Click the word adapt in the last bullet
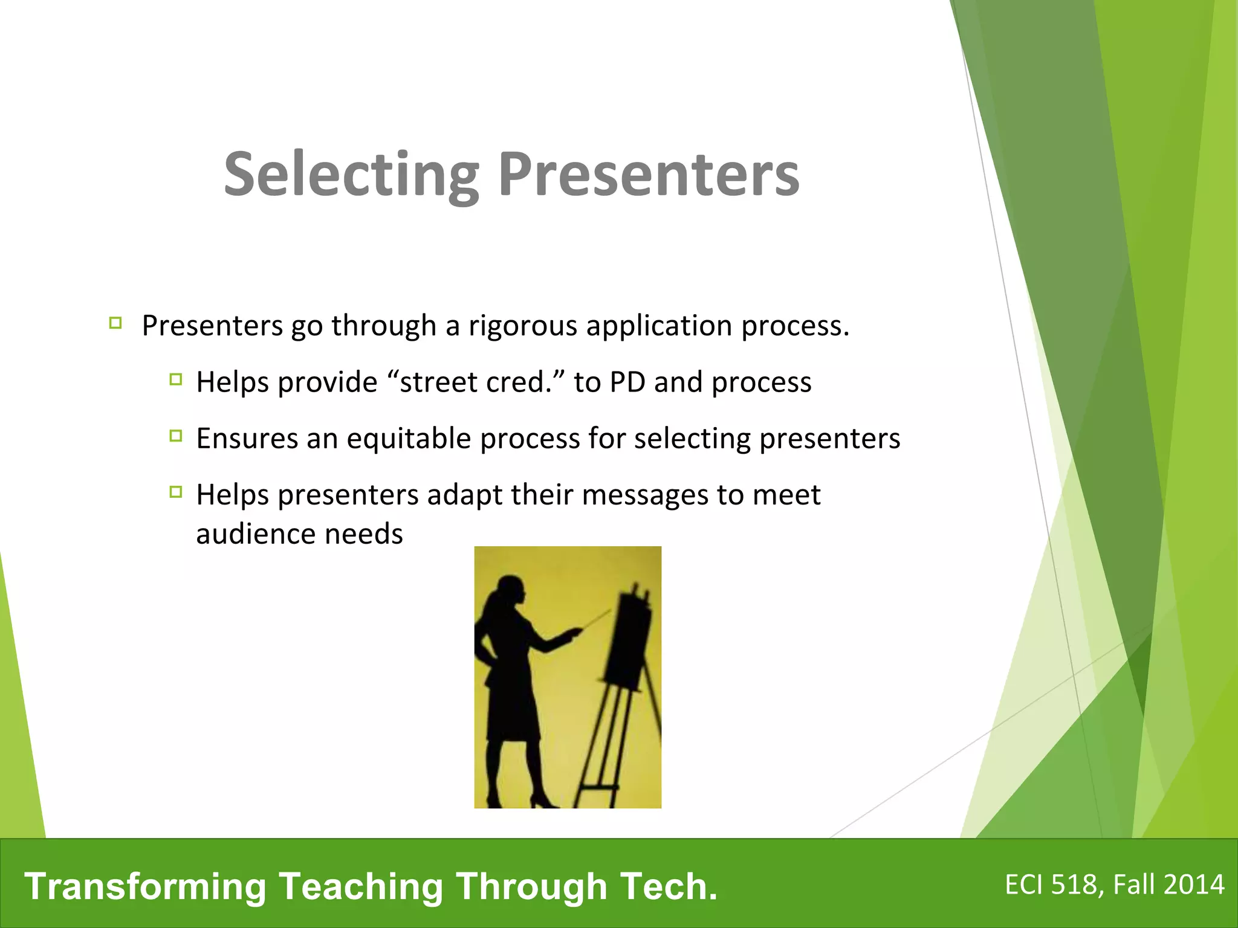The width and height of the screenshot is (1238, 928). pyautogui.click(x=464, y=495)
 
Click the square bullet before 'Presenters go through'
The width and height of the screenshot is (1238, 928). pyautogui.click(x=115, y=323)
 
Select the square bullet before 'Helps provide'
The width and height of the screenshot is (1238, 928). pyautogui.click(x=176, y=379)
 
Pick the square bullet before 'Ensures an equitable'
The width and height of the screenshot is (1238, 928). pyautogui.click(x=176, y=436)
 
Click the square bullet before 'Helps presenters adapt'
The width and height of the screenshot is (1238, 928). pyautogui.click(x=176, y=492)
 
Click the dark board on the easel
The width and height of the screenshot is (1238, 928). pyautogui.click(x=629, y=640)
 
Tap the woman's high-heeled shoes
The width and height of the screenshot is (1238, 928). pyautogui.click(x=544, y=801)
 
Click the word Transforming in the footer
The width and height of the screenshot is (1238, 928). pyautogui.click(x=145, y=886)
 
